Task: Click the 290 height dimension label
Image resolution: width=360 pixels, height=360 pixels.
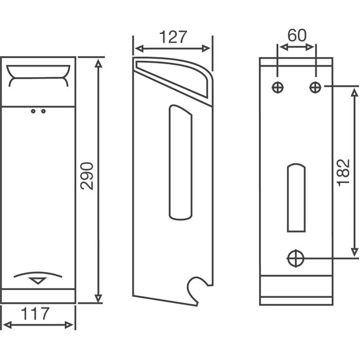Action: (x=88, y=176)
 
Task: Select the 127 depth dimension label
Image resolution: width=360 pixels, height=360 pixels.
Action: (x=172, y=38)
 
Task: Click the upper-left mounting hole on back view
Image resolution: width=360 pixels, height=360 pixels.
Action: (x=278, y=87)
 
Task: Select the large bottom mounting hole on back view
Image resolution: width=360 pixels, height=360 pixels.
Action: (x=296, y=258)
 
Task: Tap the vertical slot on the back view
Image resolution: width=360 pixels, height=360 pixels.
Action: (x=295, y=198)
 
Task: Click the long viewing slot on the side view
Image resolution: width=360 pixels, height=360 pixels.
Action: (x=181, y=162)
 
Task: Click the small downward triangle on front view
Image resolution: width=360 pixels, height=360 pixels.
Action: (x=39, y=281)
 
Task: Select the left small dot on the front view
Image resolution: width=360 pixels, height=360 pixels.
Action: (x=33, y=111)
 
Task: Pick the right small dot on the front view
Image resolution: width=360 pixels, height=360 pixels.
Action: (x=43, y=111)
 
